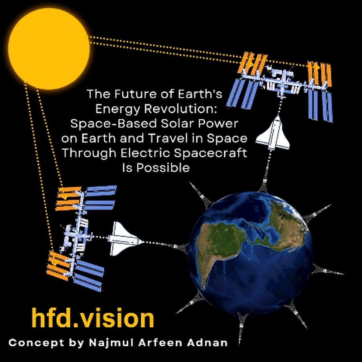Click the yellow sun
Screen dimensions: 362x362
tap(49, 49)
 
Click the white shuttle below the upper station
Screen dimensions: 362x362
tap(273, 133)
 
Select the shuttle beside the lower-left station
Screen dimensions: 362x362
tap(125, 239)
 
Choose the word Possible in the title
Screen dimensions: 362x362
tap(163, 167)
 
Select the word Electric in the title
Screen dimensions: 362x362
tap(146, 153)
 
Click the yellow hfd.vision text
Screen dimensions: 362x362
tap(93, 318)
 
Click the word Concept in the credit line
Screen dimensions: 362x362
tap(37, 343)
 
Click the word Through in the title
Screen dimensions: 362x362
tap(89, 154)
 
